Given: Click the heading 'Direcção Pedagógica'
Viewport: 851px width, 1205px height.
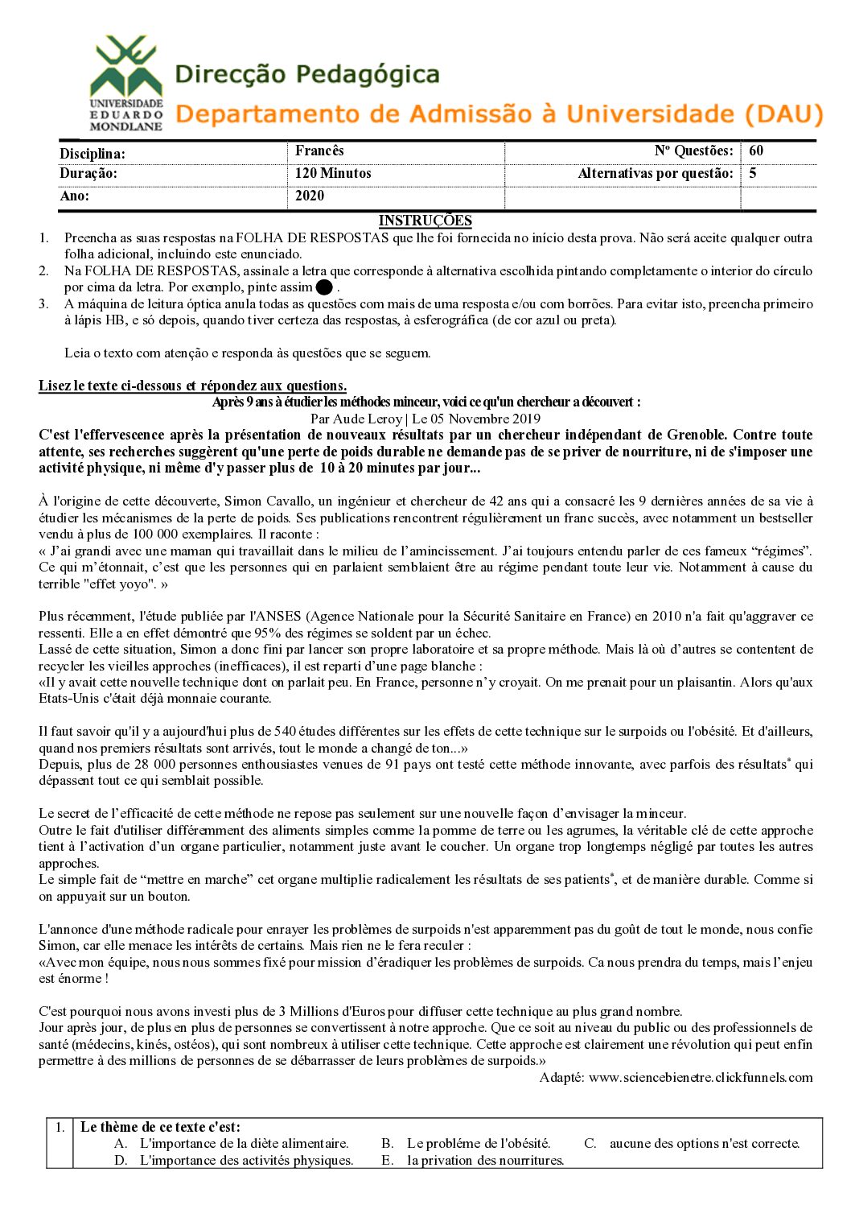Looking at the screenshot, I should pos(307,75).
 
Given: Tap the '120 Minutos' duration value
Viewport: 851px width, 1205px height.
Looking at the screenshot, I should pos(333,173).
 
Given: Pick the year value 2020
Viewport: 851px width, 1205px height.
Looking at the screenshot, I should pos(310,196).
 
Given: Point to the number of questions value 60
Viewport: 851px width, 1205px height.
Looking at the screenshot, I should pos(756,151).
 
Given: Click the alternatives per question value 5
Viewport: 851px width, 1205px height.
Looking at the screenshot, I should pos(753,173).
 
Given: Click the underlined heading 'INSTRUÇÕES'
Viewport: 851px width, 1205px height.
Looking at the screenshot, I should pos(425,221).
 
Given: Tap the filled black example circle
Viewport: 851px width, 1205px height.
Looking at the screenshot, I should pos(324,287).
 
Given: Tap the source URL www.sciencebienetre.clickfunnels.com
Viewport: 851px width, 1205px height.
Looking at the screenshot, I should pos(700,1077).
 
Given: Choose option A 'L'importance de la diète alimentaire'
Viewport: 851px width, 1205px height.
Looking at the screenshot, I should pos(244,1143).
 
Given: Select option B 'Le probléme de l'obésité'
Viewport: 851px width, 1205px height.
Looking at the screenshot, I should pos(479,1143).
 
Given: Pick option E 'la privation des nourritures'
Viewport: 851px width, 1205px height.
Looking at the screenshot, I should pos(485,1160).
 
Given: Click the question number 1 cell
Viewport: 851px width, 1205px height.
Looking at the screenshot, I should pos(60,1127).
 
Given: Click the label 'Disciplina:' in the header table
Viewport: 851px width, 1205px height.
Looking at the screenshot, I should pos(92,153).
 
